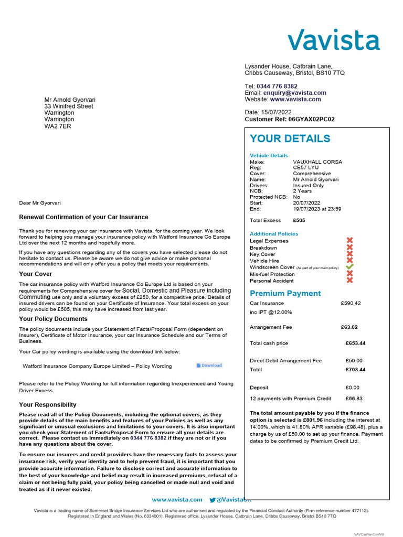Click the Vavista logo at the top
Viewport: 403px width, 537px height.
pos(333,40)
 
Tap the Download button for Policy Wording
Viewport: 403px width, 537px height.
pos(209,366)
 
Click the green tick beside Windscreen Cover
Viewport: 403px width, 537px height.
pos(350,267)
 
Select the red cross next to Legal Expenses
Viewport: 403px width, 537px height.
pos(350,241)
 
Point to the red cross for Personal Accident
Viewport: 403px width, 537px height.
pos(350,280)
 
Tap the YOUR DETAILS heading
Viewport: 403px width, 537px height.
pos(290,139)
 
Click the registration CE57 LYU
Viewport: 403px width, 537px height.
pos(305,167)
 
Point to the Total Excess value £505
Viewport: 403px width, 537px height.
pos(298,221)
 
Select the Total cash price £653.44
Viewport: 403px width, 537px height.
pos(355,343)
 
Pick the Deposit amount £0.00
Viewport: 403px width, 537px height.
pos(353,388)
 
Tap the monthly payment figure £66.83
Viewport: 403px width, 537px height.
pos(354,399)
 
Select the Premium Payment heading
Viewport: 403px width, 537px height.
pos(285,294)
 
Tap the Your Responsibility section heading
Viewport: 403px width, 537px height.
pos(48,405)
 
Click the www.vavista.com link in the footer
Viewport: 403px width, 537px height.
pos(177,500)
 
